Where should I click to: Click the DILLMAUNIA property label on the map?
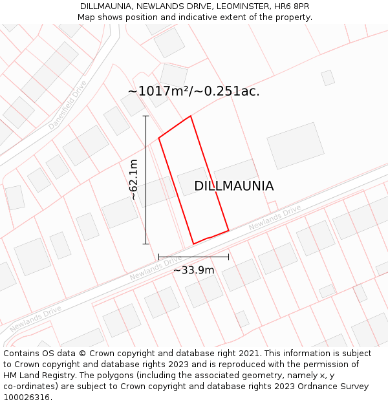coord(233,186)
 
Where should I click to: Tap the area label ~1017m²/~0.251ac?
coord(193,91)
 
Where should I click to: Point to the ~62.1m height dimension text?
coord(134,180)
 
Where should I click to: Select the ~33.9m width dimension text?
coord(193,270)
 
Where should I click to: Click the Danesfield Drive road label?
coord(67,105)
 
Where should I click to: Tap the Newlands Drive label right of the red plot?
coord(275,218)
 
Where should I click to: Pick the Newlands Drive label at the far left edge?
coord(36,316)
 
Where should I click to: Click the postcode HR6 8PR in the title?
coord(292,6)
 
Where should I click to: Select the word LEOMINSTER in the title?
coord(239,6)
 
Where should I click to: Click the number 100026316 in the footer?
coord(27,398)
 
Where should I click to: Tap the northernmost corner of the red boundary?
coord(191,116)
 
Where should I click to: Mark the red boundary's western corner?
coord(159,138)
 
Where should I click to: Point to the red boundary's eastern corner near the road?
coord(228,230)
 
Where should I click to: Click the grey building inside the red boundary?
coord(193,181)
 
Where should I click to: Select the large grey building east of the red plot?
coord(296,145)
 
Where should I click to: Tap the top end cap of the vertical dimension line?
coord(146,116)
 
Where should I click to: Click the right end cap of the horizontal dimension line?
coord(228,257)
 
